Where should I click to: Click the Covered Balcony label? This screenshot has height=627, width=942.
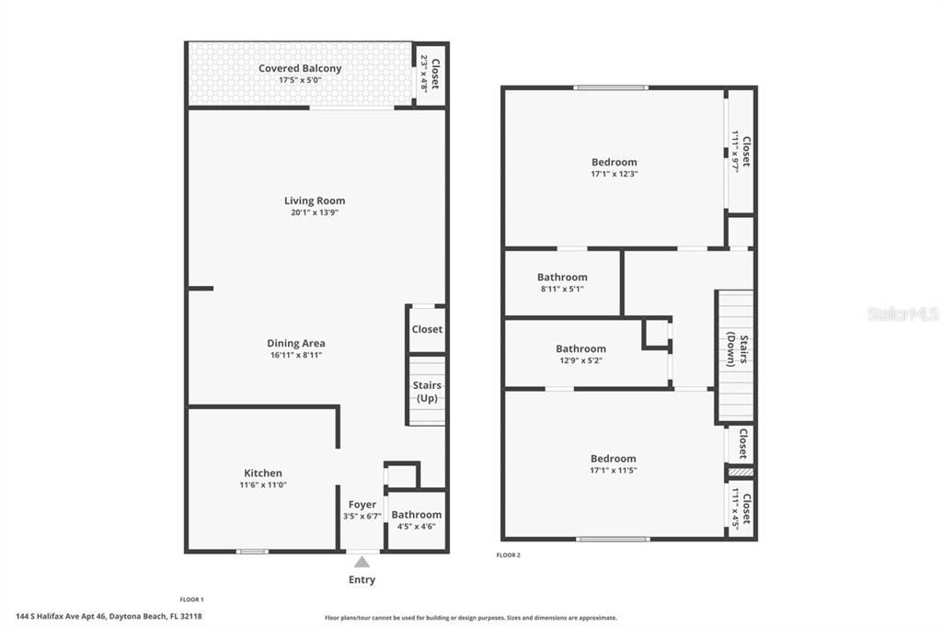(x=300, y=69)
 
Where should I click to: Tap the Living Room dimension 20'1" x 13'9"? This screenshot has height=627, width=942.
(x=315, y=213)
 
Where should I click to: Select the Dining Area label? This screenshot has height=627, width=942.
(x=296, y=344)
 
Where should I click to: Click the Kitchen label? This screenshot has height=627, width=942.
(x=263, y=473)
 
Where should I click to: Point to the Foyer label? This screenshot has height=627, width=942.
(x=362, y=505)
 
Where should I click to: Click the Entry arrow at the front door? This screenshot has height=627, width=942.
(x=362, y=561)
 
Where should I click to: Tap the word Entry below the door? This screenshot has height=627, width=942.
(x=362, y=580)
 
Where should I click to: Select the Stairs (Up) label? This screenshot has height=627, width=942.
(x=427, y=392)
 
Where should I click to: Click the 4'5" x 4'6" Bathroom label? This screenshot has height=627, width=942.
(x=417, y=520)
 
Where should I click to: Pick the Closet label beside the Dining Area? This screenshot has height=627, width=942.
(x=427, y=329)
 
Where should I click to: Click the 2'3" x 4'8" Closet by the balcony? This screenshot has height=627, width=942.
(x=431, y=74)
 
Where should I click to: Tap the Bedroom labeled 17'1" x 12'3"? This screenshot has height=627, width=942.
(x=614, y=167)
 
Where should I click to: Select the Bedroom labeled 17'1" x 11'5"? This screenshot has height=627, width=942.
(x=614, y=464)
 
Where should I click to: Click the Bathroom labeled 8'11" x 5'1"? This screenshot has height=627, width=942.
(x=562, y=282)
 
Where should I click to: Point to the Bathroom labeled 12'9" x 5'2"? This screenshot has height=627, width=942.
(x=580, y=354)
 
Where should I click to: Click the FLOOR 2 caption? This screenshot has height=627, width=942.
(x=509, y=555)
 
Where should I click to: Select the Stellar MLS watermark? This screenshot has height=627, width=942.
(x=902, y=314)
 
